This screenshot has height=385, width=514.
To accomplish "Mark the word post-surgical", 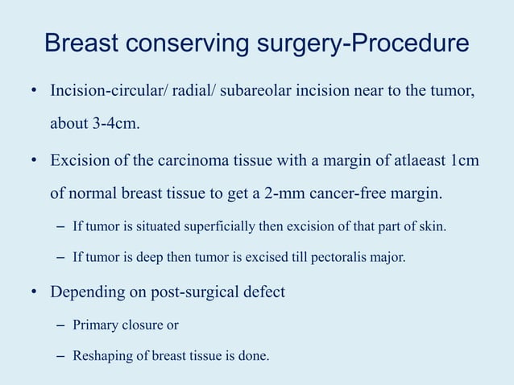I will click(181, 292).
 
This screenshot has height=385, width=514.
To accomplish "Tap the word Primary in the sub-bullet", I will click(94, 325).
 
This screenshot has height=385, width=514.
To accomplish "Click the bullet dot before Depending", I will click(35, 292).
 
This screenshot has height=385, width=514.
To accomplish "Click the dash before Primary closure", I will click(61, 325).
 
